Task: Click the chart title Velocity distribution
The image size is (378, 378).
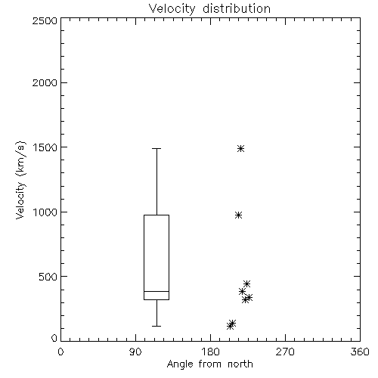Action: [x=209, y=9]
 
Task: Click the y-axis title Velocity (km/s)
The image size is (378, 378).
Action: [x=20, y=180]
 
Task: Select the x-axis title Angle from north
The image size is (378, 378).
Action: [x=209, y=364]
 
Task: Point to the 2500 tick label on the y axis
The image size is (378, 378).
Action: [x=45, y=20]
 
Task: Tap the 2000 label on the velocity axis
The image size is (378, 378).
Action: [x=45, y=82]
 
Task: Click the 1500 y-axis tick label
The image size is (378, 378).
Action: [x=45, y=147]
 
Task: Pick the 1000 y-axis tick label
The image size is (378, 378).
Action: [x=45, y=212]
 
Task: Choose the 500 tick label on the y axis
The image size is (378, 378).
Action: [x=48, y=277]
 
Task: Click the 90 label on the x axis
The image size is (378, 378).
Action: [x=135, y=352]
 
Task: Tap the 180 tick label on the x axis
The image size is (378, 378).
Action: [x=210, y=352]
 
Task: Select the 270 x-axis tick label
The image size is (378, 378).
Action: [x=285, y=352]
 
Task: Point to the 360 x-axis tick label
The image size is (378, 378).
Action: [x=360, y=352]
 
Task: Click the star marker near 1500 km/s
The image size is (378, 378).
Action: [x=240, y=148]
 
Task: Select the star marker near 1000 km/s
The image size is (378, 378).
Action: [x=238, y=215]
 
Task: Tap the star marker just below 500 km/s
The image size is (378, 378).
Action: [x=246, y=283]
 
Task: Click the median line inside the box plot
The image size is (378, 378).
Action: [x=156, y=291]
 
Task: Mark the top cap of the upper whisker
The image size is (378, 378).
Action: [x=156, y=148]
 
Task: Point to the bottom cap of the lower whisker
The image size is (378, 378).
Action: [x=156, y=326]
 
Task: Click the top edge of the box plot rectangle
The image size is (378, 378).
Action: [x=156, y=215]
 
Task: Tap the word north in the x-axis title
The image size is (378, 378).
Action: [x=240, y=364]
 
